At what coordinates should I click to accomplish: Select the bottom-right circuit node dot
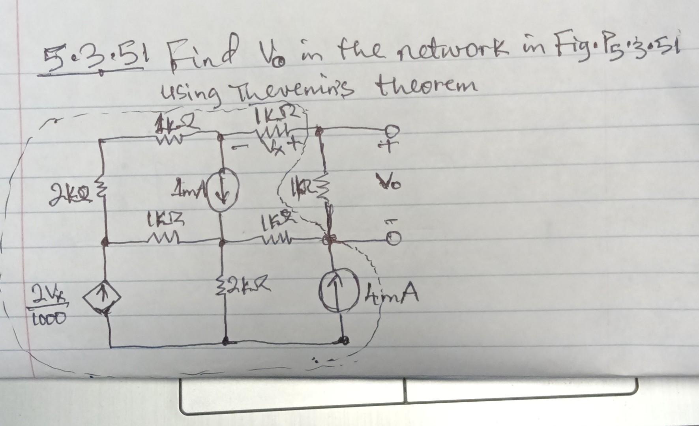344,340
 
